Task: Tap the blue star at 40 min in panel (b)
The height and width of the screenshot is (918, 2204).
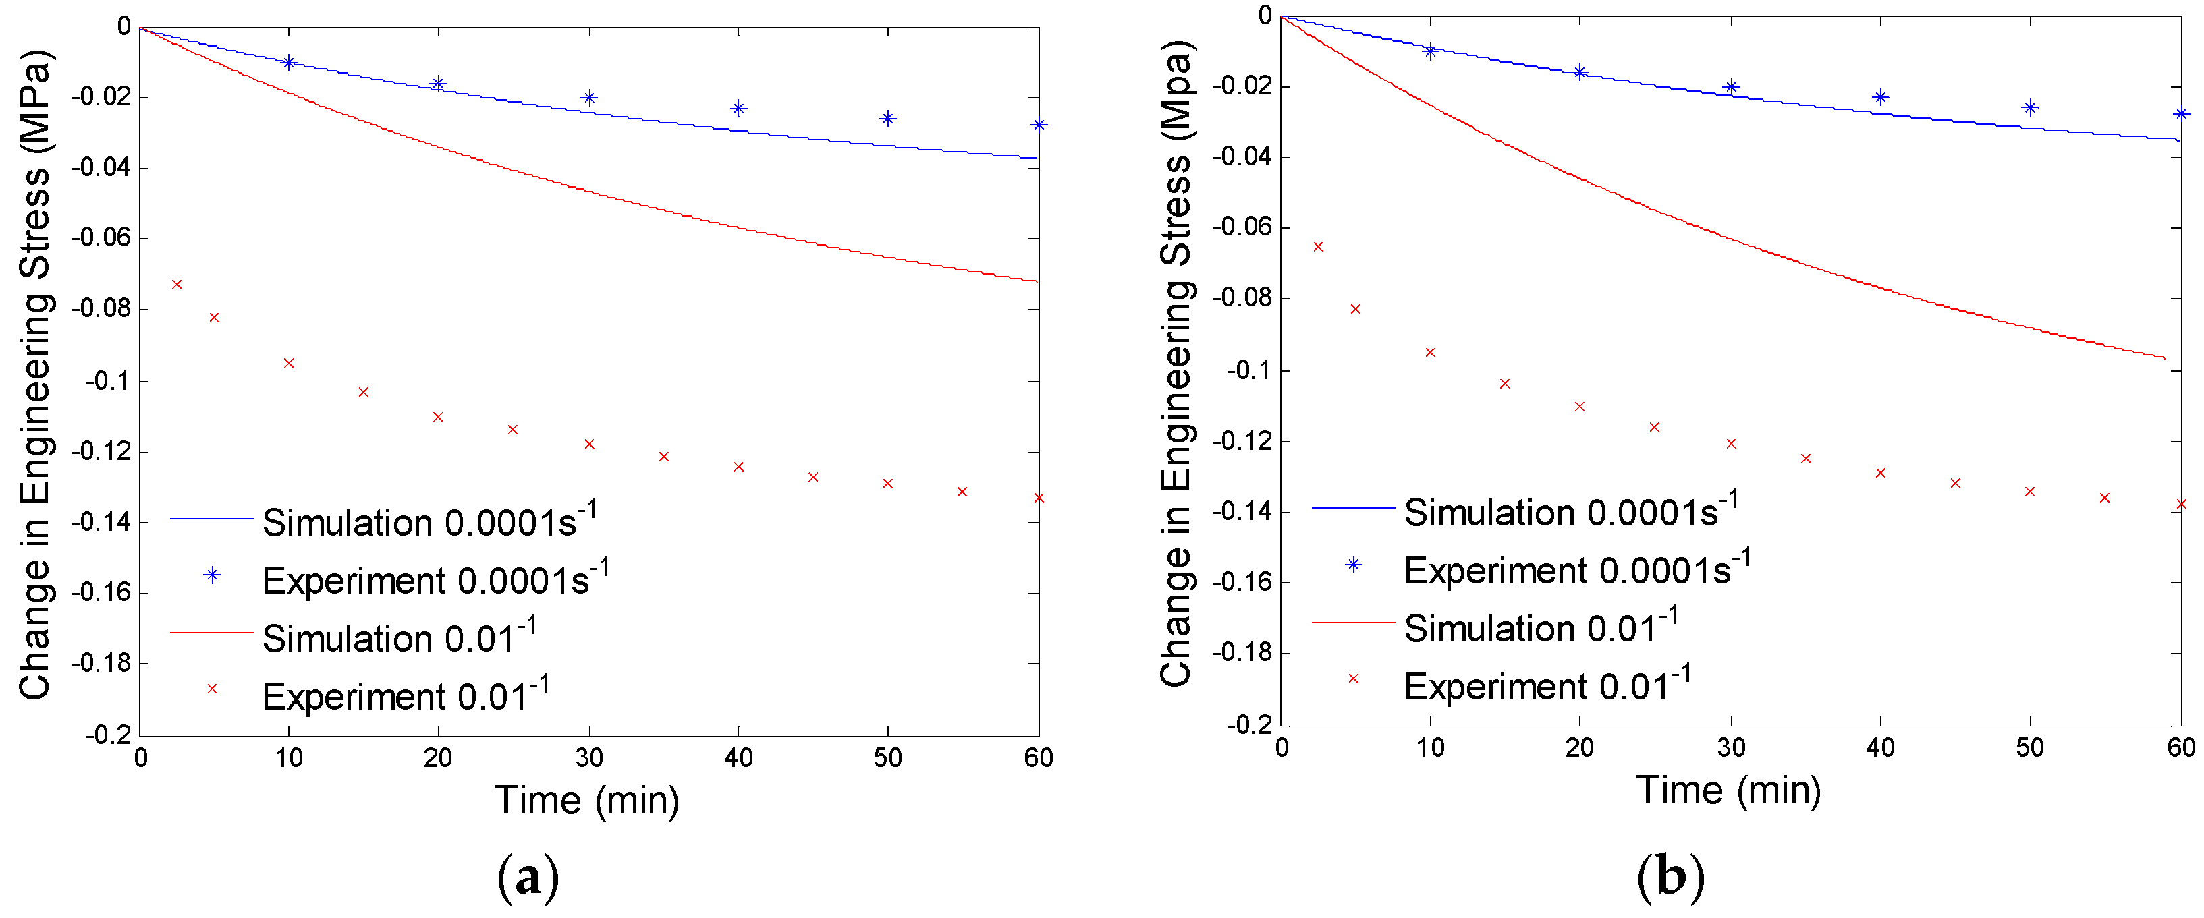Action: coord(1879,96)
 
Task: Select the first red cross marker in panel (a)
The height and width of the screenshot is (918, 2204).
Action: coord(177,284)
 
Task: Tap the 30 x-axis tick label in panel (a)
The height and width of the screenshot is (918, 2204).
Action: coord(588,757)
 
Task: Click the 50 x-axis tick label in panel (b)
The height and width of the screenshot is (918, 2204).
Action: coord(2029,748)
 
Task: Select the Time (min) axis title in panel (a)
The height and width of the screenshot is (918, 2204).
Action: coord(587,801)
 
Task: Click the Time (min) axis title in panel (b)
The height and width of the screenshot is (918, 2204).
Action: coord(1728,790)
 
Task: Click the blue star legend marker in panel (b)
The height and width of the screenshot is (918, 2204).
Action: coord(1354,565)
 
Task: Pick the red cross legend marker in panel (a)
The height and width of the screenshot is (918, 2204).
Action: coord(212,689)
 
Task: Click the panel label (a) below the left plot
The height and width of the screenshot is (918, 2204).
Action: coord(528,877)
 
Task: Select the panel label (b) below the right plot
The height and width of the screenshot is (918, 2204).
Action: coord(1670,877)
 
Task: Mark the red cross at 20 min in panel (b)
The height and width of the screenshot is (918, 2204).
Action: coord(1579,406)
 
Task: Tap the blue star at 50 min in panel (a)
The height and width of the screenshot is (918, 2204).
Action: coord(888,118)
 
